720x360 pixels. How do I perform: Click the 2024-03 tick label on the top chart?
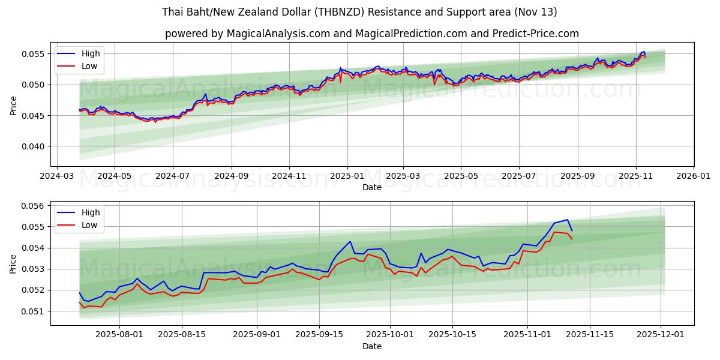57,177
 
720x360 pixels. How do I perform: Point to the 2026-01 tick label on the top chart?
694,177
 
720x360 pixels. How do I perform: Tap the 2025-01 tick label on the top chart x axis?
347,177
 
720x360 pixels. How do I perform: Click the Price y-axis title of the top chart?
14,105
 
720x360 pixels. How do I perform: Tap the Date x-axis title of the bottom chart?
372,347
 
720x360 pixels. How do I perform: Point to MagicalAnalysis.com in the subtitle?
278,34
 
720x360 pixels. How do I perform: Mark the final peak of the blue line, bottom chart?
567,220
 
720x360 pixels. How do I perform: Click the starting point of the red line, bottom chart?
80,302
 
